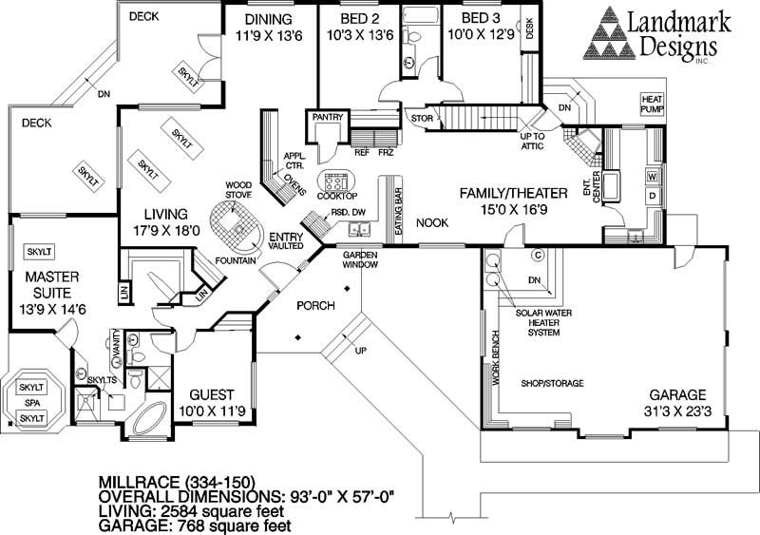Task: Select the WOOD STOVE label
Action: click(237, 189)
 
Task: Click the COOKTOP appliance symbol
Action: click(336, 182)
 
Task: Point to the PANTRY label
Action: click(319, 118)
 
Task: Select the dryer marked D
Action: click(653, 196)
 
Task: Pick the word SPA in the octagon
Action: click(31, 403)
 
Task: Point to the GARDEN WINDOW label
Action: click(362, 261)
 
